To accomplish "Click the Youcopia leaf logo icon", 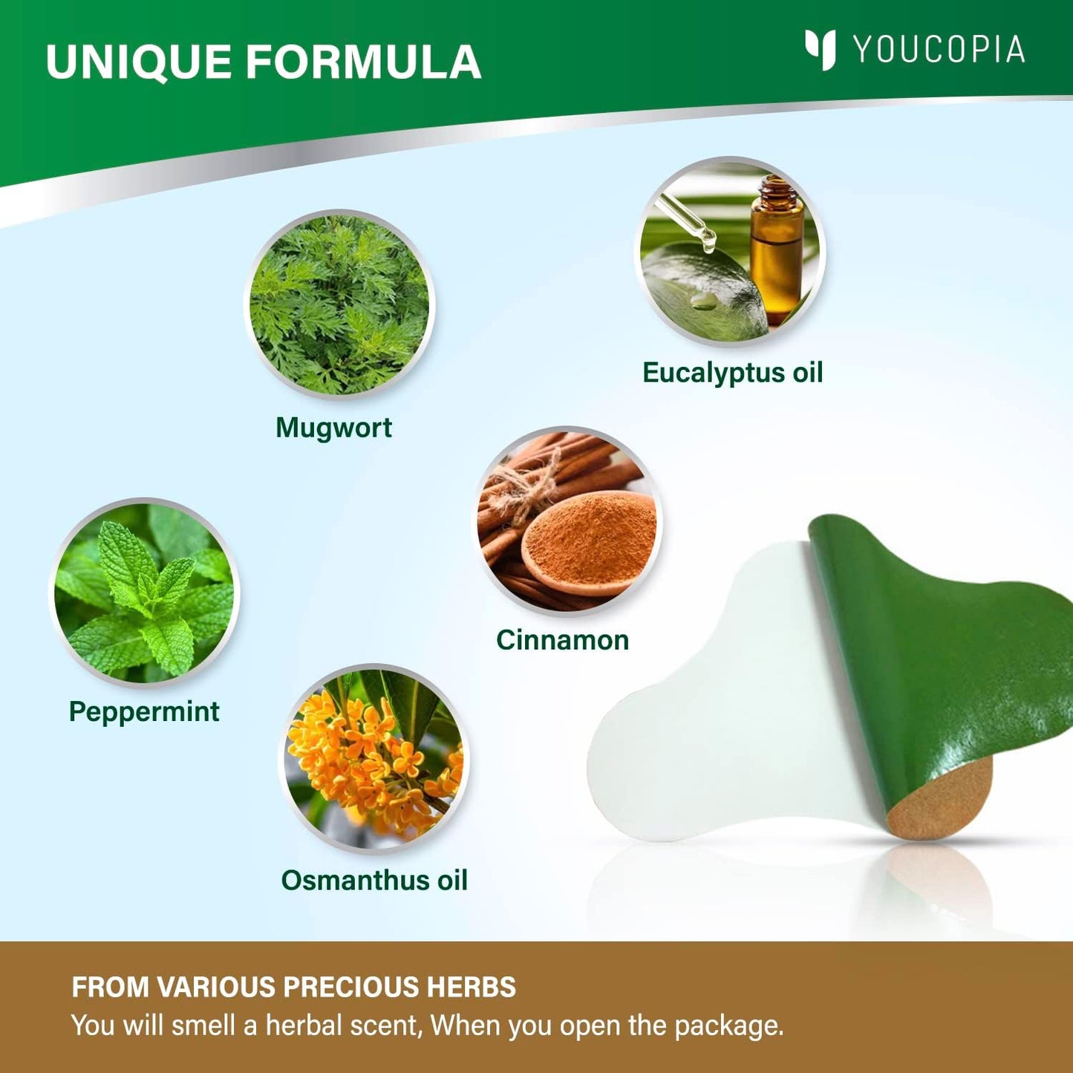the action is [x=821, y=50].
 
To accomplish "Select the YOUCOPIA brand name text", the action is [x=939, y=50].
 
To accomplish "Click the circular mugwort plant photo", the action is [x=339, y=304].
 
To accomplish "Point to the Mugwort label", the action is [x=333, y=428].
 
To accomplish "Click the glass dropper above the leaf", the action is [x=682, y=221].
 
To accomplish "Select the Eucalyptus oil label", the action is [x=733, y=372].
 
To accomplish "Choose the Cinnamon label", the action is [x=562, y=640].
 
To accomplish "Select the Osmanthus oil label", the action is [x=374, y=881].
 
